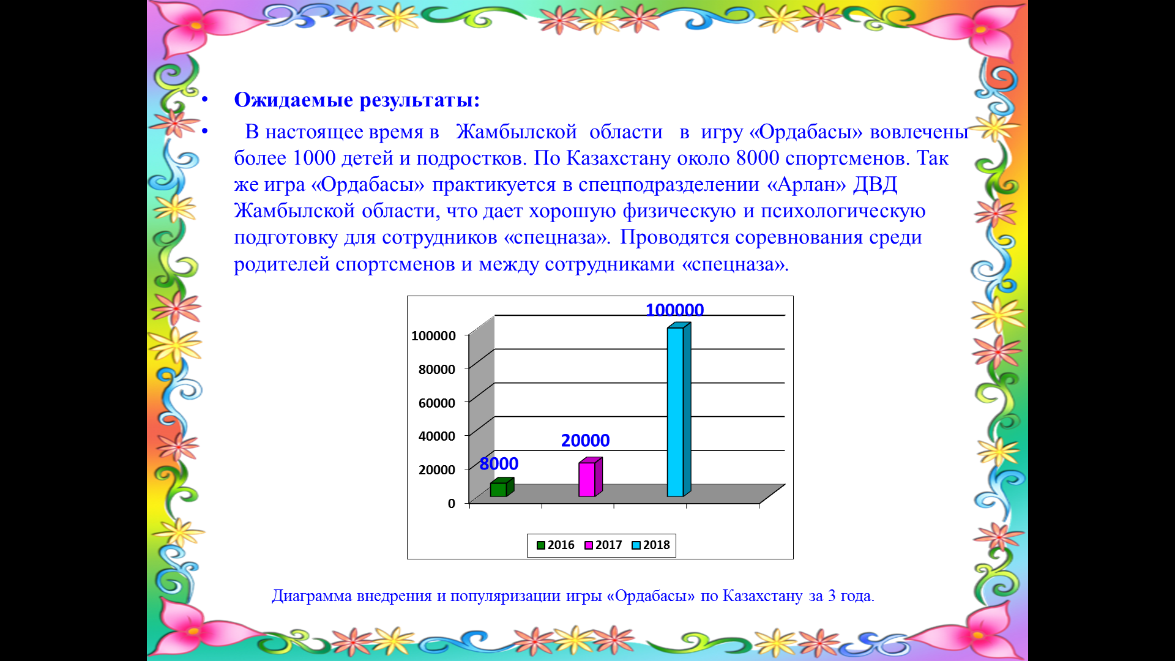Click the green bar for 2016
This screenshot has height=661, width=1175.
click(x=502, y=487)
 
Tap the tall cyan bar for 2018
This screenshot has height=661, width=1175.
click(x=679, y=409)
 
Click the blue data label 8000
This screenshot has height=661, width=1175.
click(x=499, y=464)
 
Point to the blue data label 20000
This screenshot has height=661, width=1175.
click(x=585, y=441)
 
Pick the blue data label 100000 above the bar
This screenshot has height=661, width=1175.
click(x=674, y=310)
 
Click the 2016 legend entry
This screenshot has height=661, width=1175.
click(x=555, y=545)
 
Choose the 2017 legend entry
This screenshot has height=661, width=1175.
click(x=603, y=545)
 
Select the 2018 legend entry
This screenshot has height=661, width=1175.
click(x=651, y=545)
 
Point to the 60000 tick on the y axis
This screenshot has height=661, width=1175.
click(x=436, y=403)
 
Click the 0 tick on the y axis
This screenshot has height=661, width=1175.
click(x=452, y=503)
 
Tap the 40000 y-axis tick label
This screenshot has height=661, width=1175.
click(x=436, y=436)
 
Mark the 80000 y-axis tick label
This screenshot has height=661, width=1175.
click(x=436, y=369)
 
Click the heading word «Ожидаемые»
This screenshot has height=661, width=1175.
click(x=294, y=100)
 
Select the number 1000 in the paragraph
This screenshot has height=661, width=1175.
click(x=314, y=158)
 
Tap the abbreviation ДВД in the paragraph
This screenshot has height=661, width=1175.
click(x=875, y=185)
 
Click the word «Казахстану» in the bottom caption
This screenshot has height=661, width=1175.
click(x=763, y=596)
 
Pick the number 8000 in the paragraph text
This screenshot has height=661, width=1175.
click(x=758, y=158)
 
